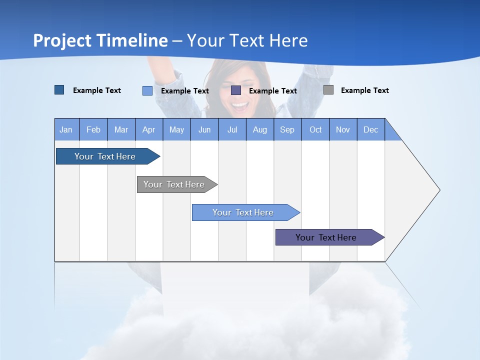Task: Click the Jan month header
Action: tap(66, 129)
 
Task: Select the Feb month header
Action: tap(93, 129)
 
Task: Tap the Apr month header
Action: tap(148, 129)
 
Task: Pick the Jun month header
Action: tap(204, 129)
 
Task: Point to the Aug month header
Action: tap(259, 129)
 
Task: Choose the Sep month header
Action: tap(287, 129)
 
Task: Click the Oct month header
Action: tap(315, 129)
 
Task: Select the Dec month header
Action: tap(370, 129)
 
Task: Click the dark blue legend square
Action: tap(59, 90)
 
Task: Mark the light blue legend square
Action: tap(147, 90)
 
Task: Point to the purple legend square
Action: tap(236, 90)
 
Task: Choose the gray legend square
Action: tap(328, 90)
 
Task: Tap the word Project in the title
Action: tap(61, 40)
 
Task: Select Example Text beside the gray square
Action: tap(364, 90)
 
